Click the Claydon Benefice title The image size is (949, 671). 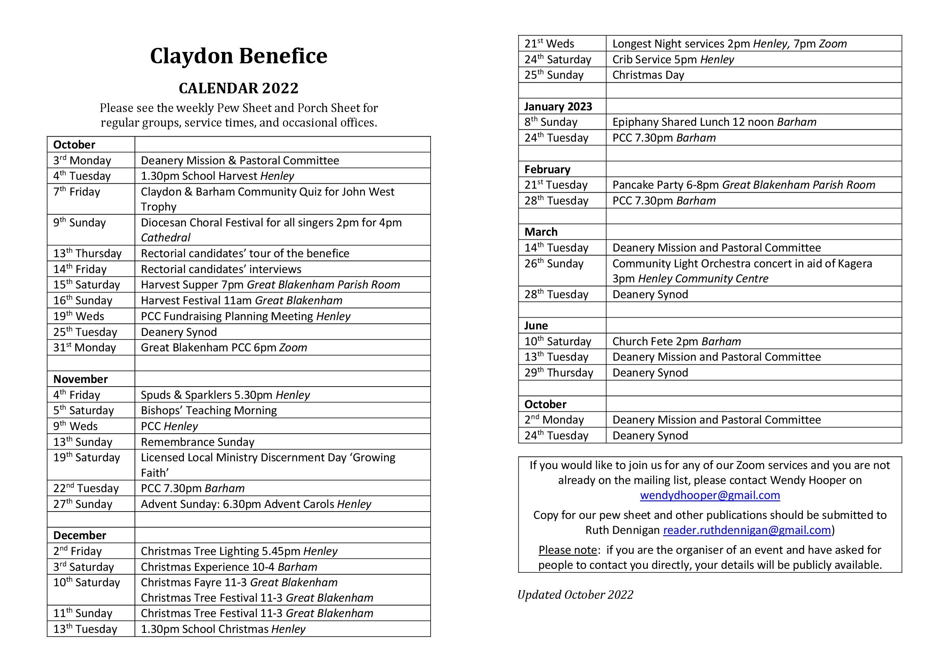click(x=239, y=56)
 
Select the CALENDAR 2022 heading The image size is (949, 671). click(x=239, y=88)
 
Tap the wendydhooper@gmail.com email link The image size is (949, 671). click(x=710, y=495)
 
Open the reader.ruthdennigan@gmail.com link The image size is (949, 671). click(x=746, y=530)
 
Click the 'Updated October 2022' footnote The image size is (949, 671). click(x=575, y=595)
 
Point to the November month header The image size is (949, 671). click(x=81, y=379)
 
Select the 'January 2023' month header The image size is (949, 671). click(x=558, y=107)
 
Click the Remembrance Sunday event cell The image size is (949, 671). click(x=198, y=442)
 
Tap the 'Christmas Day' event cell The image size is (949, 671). click(x=648, y=75)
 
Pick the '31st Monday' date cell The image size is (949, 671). click(x=85, y=348)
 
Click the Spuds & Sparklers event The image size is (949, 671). click(x=225, y=395)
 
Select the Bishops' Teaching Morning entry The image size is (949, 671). click(x=209, y=411)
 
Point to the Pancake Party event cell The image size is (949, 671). click(x=744, y=185)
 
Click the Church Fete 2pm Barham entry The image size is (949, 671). click(x=676, y=342)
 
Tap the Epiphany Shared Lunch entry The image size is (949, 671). click(x=714, y=122)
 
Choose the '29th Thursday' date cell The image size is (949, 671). click(x=559, y=373)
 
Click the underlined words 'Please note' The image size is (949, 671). click(x=567, y=550)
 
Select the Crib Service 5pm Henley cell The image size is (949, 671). click(x=673, y=60)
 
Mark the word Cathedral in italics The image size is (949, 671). click(x=165, y=238)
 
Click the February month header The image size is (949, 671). click(x=547, y=170)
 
